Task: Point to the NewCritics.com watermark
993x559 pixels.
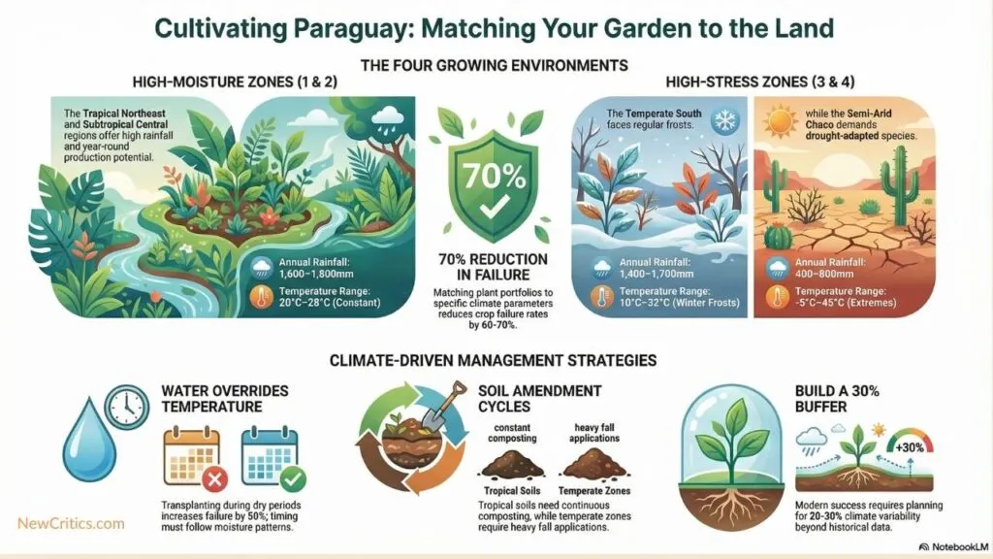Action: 71,523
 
